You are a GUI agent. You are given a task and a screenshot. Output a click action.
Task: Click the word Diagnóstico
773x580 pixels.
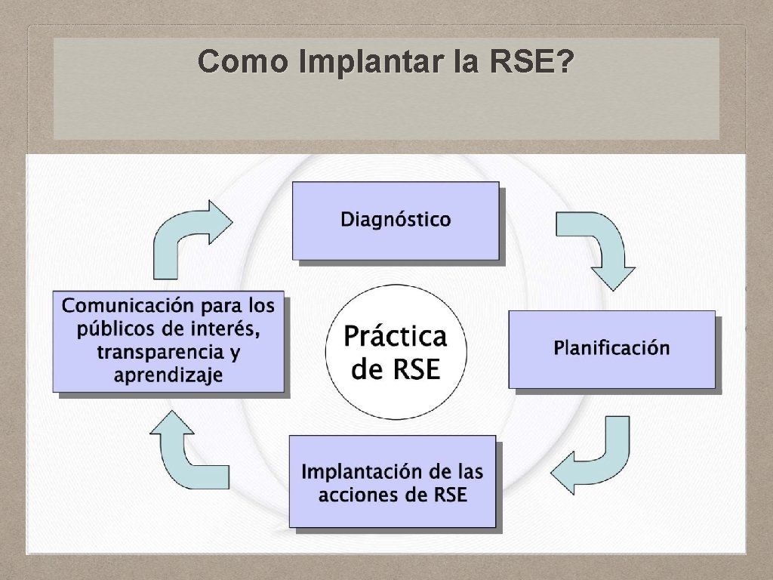coord(396,220)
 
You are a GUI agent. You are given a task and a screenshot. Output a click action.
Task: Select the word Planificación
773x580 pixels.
coord(611,348)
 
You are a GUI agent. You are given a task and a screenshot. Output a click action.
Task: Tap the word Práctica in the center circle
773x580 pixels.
coord(396,337)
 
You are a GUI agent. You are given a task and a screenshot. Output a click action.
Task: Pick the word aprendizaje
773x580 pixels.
coord(168,375)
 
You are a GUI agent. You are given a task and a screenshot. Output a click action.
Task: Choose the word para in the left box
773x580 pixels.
coord(223,307)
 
